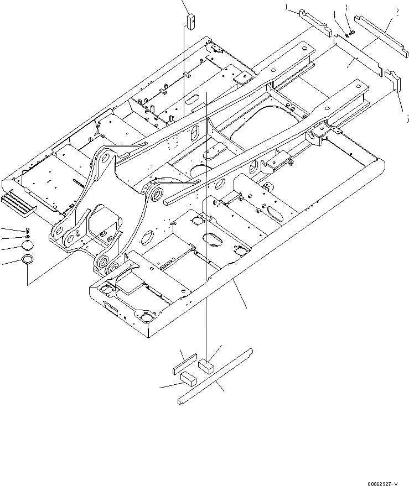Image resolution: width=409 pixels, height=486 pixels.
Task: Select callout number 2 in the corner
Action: pos(398,11)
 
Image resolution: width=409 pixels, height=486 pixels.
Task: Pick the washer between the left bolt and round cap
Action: pos(27,237)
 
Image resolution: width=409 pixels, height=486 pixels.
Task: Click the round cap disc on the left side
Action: pos(27,246)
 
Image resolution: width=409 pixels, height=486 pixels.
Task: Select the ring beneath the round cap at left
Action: pos(27,259)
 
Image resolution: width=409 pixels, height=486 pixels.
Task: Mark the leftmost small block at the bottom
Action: pos(187,379)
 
